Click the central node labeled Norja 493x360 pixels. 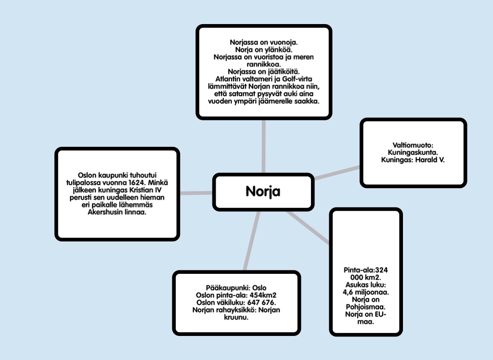click(262, 192)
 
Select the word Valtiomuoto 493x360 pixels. click(413, 144)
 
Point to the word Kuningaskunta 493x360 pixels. click(413, 152)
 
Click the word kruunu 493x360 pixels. click(236, 317)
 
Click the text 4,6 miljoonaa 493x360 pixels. click(366, 292)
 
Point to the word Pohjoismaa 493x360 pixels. click(366, 307)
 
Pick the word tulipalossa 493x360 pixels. click(84, 183)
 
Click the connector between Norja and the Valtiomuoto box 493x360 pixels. click(337, 173)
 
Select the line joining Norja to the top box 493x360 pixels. click(263, 147)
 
